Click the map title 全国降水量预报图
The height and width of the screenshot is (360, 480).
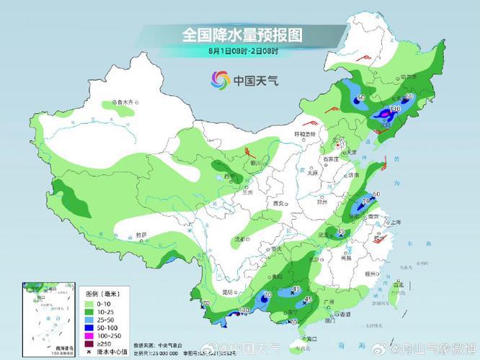click(241, 35)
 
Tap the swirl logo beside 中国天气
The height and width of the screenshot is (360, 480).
click(219, 80)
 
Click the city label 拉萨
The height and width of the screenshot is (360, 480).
click(141, 235)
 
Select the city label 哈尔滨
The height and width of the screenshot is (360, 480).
click(409, 76)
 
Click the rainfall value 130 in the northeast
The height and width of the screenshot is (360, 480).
click(394, 108)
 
